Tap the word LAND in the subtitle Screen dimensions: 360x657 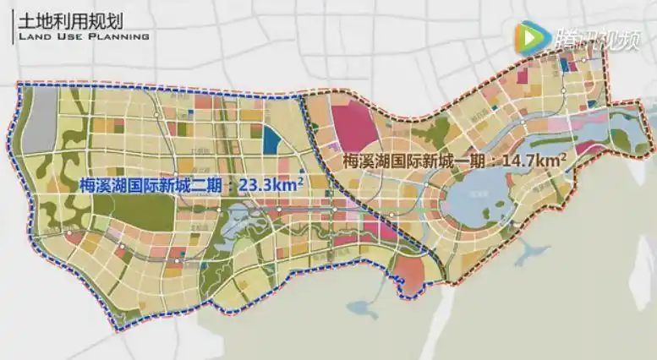(32, 36)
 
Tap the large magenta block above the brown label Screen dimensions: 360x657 (355, 127)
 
